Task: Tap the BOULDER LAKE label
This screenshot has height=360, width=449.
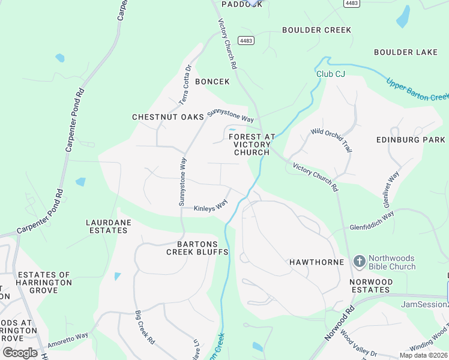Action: click(406, 52)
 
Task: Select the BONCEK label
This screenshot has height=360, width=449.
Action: click(212, 82)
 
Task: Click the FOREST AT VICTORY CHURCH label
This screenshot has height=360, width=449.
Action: click(252, 145)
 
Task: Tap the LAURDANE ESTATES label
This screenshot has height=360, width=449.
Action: click(108, 226)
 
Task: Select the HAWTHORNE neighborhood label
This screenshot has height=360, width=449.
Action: click(316, 262)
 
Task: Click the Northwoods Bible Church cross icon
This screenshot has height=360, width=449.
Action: click(359, 261)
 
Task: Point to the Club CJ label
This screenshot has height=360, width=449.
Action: click(331, 74)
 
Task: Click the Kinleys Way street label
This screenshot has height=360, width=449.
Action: click(211, 208)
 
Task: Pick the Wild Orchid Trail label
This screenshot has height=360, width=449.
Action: click(331, 140)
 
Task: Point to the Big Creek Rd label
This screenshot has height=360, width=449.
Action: click(145, 327)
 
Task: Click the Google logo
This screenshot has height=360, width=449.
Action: click(20, 352)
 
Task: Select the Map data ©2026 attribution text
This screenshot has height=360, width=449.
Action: click(424, 355)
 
